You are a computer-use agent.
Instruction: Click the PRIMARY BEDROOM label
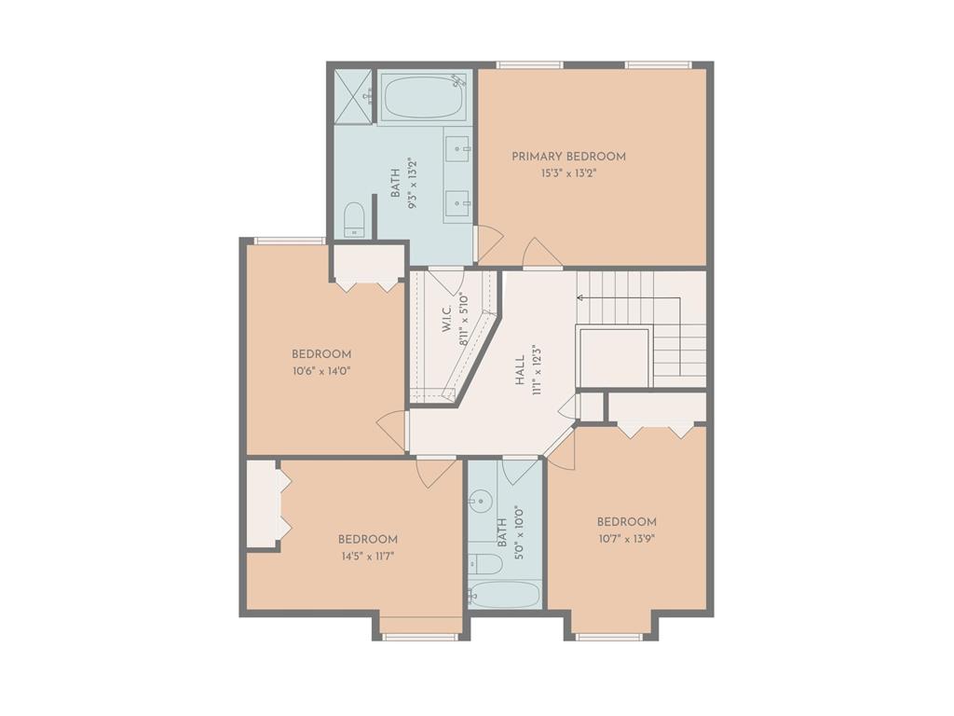pos(568,157)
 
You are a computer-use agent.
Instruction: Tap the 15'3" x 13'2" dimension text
pos(569,173)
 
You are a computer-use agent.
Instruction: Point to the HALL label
pos(520,371)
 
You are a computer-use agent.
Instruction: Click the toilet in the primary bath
pos(354,219)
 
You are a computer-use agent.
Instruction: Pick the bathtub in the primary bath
pos(424,96)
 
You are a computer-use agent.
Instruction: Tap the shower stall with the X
pos(353,97)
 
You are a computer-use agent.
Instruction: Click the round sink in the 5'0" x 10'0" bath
pos(481,502)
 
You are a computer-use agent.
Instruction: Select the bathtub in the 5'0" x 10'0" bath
pos(504,595)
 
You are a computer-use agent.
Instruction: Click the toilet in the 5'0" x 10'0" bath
pos(484,563)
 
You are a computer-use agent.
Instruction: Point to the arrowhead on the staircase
pos(579,297)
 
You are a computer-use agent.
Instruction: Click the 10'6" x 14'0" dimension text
pos(321,371)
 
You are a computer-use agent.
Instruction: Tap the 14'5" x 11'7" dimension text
pos(368,556)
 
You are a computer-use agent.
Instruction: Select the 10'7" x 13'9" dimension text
pos(627,539)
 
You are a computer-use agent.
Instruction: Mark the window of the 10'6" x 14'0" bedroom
pos(290,241)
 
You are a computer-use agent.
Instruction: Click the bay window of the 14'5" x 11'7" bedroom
pos(420,637)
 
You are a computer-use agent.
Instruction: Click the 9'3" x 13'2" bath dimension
pos(414,184)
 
